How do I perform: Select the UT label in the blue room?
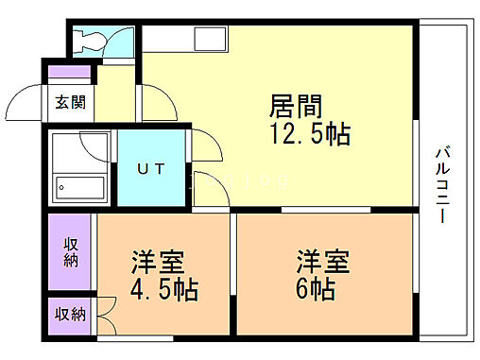coord(151,170)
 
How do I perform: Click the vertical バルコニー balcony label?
coord(441,184)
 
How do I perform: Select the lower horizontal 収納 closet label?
coord(71,314)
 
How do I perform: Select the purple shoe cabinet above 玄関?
coord(67,73)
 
